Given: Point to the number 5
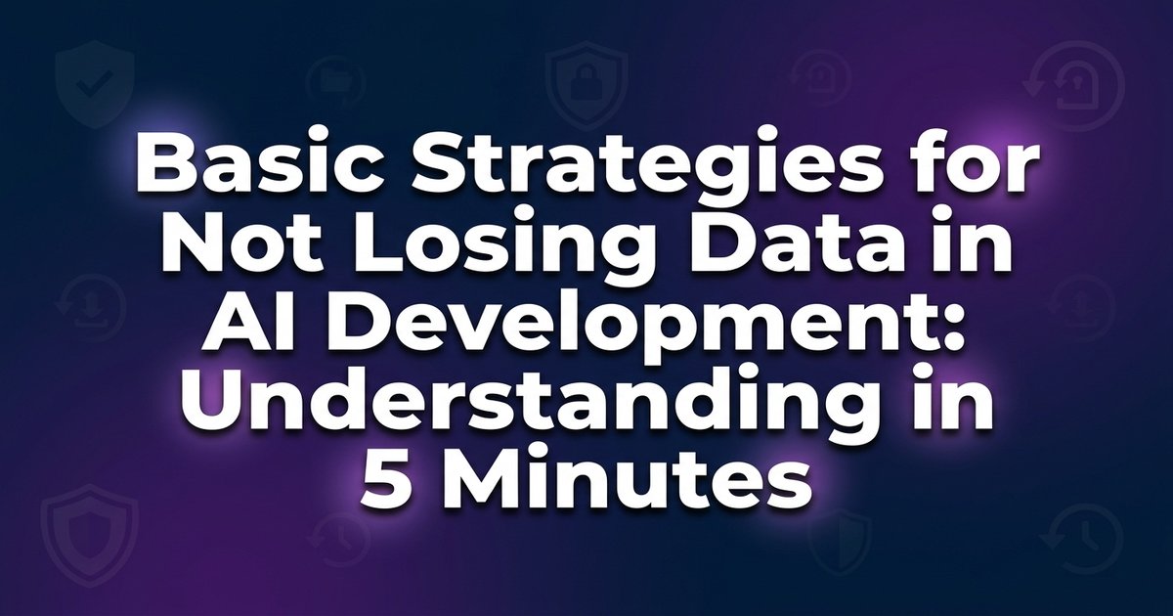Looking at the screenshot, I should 385,485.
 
